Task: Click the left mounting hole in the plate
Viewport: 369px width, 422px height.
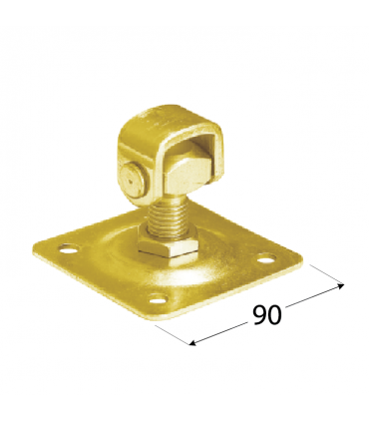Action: [69, 248]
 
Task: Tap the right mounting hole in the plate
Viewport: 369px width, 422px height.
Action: [267, 257]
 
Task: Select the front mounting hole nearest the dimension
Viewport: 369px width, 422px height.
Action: [158, 299]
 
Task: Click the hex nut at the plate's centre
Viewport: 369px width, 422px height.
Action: [168, 245]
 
